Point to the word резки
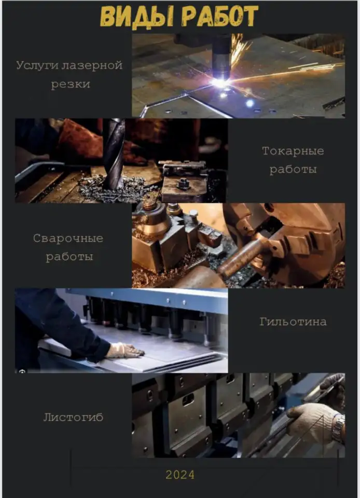[x=70, y=85]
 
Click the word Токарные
[x=293, y=151]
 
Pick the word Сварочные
[x=68, y=239]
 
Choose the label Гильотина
[x=293, y=322]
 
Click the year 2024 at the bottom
[x=180, y=475]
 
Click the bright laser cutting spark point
[x=220, y=82]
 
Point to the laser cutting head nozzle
[x=221, y=57]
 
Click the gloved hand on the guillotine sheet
[x=124, y=351]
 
